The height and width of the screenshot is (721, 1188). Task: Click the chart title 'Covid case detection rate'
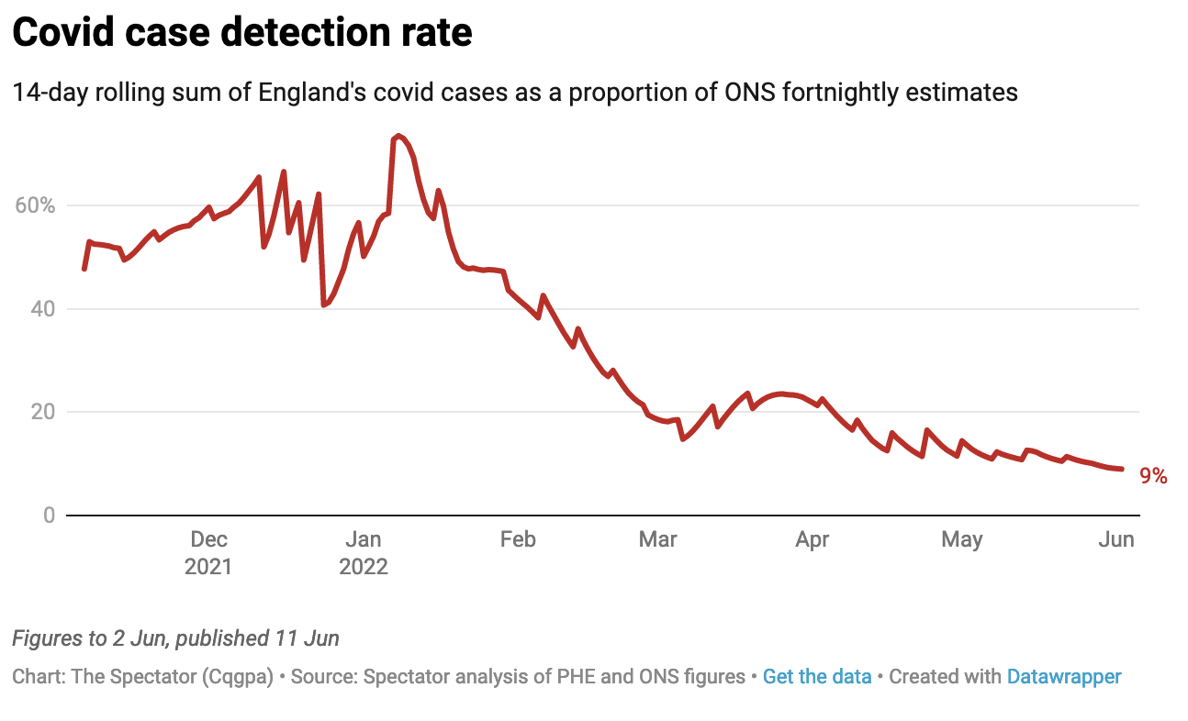(x=241, y=34)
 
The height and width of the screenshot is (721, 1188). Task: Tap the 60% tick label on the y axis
(x=36, y=205)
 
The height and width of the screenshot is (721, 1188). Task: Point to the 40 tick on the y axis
(x=43, y=309)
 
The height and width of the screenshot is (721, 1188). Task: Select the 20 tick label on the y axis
(x=43, y=412)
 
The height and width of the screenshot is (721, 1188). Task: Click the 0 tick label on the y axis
(x=49, y=516)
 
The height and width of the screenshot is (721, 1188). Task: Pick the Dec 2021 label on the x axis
(x=208, y=552)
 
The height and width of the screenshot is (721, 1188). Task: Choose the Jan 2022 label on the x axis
(x=364, y=552)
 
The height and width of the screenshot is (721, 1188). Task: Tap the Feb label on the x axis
(x=518, y=539)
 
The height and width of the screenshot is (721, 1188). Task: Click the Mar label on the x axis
(x=657, y=539)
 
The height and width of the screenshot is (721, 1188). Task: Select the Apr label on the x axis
(x=813, y=539)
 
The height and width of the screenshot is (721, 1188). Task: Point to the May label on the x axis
(x=961, y=539)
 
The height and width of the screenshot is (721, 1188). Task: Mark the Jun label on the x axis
(x=1116, y=539)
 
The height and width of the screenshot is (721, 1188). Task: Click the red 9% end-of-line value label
(x=1153, y=476)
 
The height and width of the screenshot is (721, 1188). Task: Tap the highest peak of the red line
(x=398, y=136)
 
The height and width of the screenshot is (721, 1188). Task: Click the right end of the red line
(x=1122, y=469)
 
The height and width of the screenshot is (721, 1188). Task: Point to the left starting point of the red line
(x=84, y=269)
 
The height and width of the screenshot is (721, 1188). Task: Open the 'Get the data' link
(x=817, y=677)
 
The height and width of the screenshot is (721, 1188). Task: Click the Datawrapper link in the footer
(x=1064, y=677)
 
